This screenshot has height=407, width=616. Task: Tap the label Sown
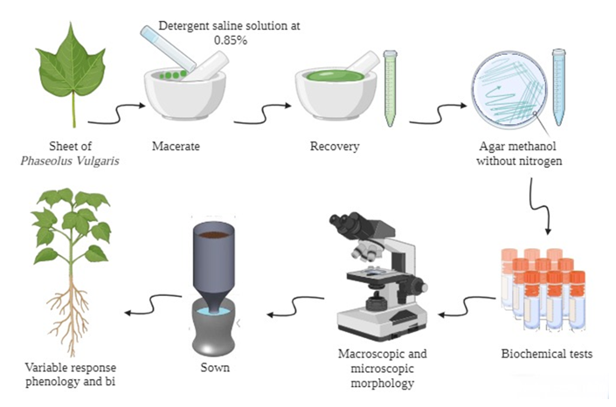coord(214,367)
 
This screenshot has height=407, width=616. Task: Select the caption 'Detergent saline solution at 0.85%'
coord(229,32)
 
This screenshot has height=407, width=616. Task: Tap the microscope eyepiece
coord(342,225)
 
